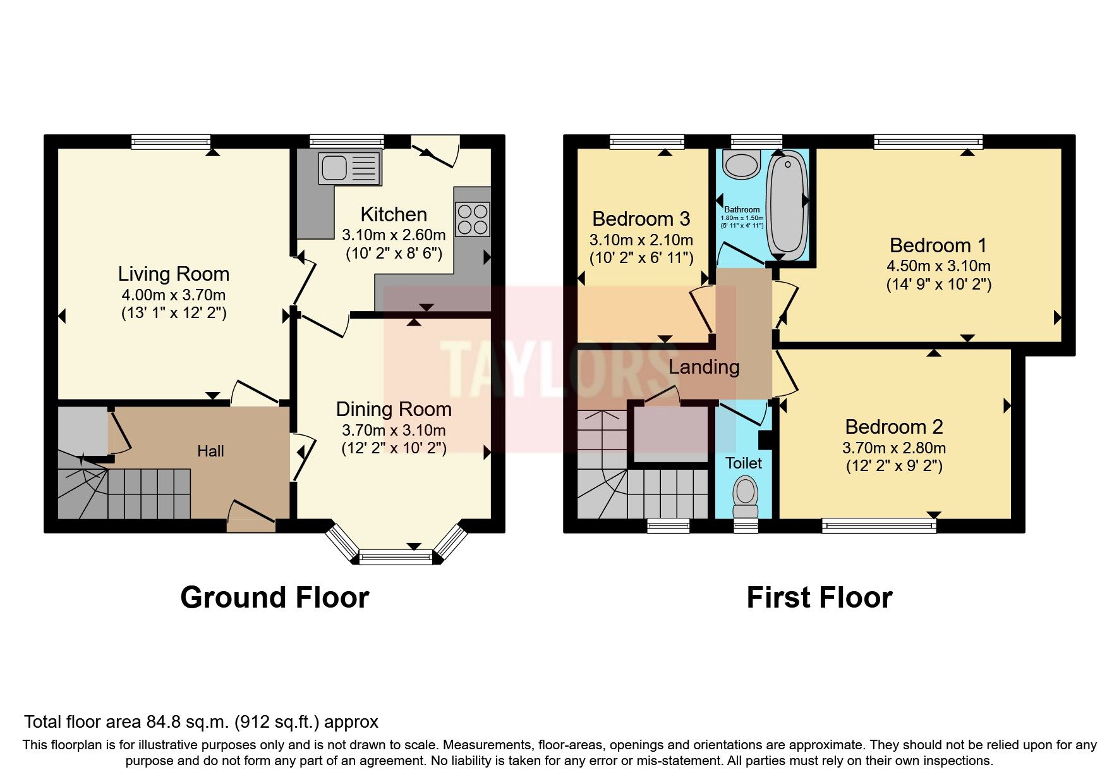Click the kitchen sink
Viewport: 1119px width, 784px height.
pos(349,168)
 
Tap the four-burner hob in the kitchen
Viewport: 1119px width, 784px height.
pos(473,219)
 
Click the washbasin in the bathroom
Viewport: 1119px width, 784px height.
pos(741,165)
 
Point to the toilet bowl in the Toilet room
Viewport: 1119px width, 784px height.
pos(745,494)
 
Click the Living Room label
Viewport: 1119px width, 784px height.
pos(174,274)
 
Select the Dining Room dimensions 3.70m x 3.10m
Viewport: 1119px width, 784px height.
pos(394,431)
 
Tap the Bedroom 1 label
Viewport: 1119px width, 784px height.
pos(938,245)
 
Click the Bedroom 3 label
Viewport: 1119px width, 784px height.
pos(641,219)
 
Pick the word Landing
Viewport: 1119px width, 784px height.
pos(704,367)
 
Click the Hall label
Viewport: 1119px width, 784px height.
pos(210,451)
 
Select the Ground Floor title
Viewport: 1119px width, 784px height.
pos(274,597)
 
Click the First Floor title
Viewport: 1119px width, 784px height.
pos(819,597)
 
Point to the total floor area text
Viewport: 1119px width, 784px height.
pos(201,722)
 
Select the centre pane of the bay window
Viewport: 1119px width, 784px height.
pos(396,557)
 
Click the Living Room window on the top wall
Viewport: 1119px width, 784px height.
pos(171,142)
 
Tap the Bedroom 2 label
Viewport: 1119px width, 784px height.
pos(893,427)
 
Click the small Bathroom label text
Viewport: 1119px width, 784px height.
pos(742,209)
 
